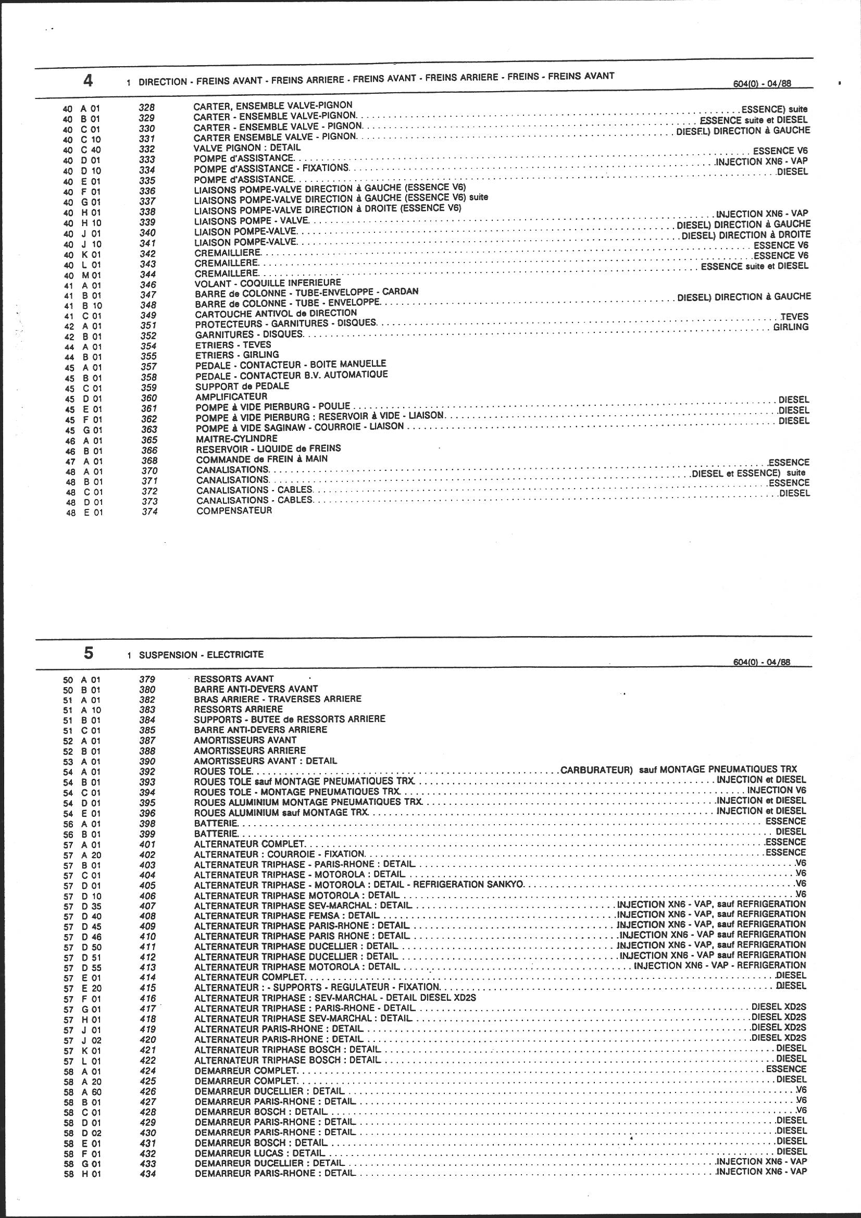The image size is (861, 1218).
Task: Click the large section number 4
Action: tap(88, 81)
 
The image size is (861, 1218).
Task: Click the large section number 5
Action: tap(88, 654)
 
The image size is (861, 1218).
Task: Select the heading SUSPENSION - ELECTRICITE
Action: tap(201, 655)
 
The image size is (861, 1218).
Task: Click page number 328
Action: tap(146, 107)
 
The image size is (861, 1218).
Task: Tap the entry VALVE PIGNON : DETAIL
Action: tap(247, 147)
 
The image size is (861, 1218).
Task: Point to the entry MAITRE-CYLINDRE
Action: tap(236, 439)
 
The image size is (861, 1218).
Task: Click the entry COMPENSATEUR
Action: tap(234, 511)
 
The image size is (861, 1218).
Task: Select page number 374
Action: tap(150, 512)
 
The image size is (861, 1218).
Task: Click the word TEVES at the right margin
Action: tap(794, 317)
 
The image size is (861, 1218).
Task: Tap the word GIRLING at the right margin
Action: tap(791, 327)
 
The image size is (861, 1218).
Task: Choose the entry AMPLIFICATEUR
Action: tap(231, 396)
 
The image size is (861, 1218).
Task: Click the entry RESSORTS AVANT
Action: tap(234, 678)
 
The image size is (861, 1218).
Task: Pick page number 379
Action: tap(147, 679)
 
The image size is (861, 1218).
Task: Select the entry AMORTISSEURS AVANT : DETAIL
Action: tap(265, 761)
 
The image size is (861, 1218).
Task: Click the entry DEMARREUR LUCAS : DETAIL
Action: tap(260, 1153)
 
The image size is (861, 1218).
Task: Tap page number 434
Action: tap(148, 1174)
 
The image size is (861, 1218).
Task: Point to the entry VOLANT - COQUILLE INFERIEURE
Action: tap(268, 283)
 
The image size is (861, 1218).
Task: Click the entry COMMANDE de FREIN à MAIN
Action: tap(262, 459)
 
